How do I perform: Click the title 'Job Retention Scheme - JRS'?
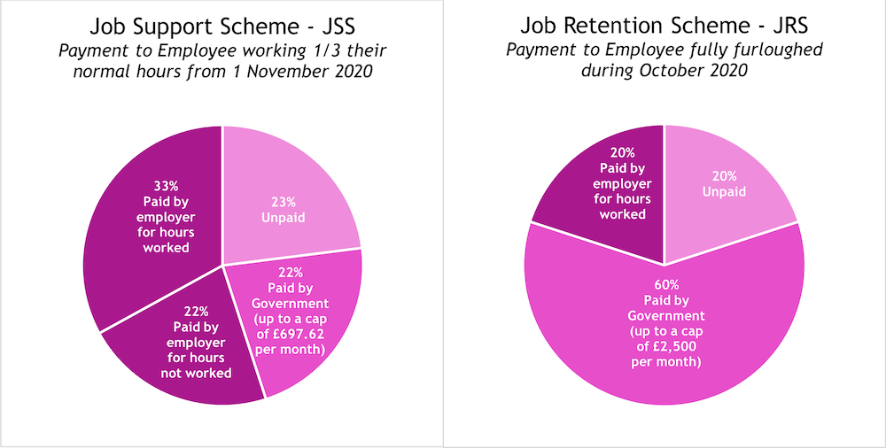(x=664, y=25)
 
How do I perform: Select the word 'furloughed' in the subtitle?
(x=781, y=50)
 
